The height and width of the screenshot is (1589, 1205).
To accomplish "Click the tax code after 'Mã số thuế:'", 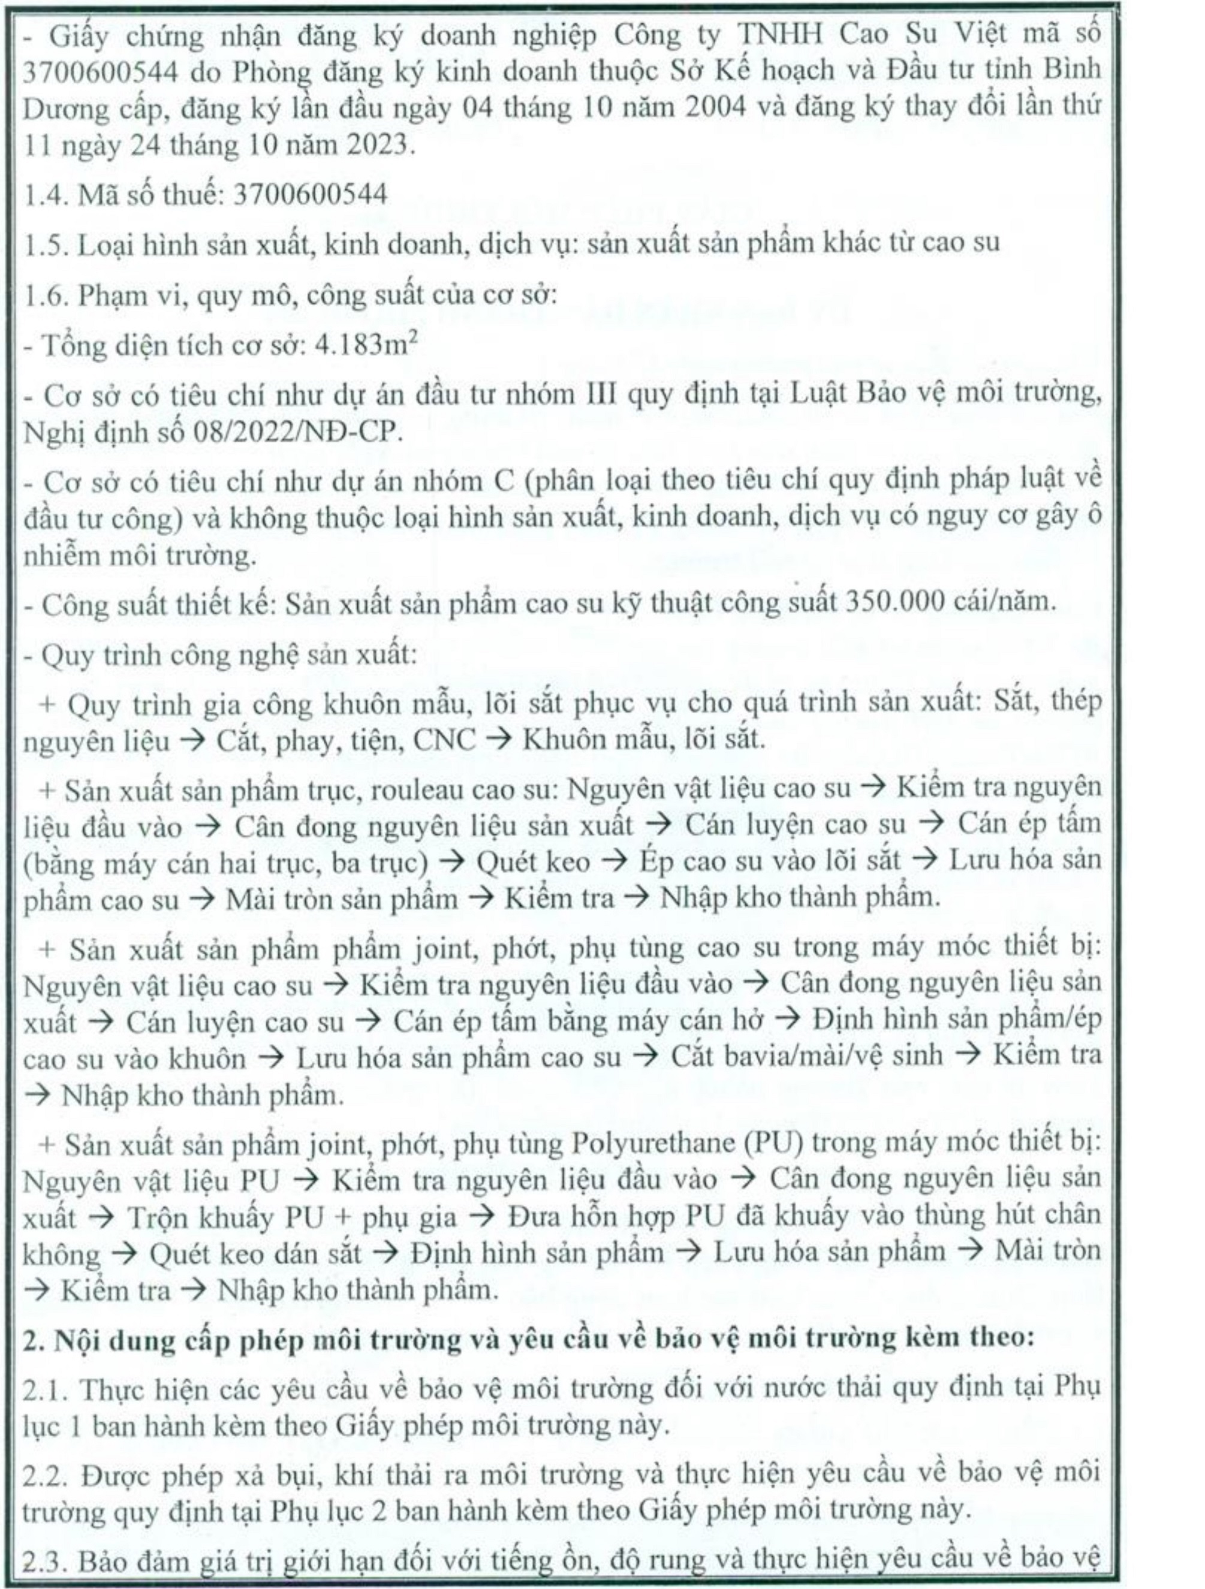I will pos(310,194).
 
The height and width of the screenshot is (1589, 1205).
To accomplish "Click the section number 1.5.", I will pos(46,244).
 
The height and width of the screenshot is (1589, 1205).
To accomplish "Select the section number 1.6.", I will pos(46,294).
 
